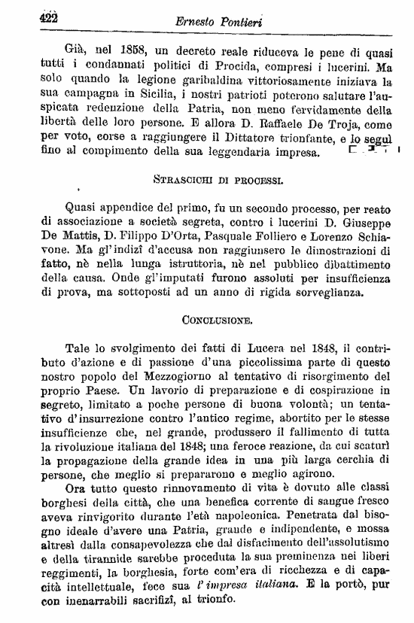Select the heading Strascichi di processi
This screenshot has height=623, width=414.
coord(207,181)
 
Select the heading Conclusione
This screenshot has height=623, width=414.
coord(207,321)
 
